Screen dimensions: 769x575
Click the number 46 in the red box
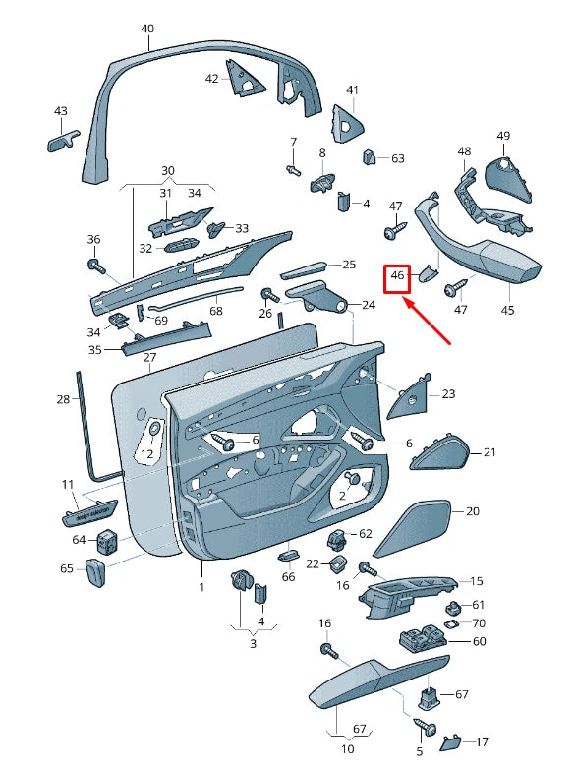(397, 277)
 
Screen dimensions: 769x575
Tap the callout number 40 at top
(147, 29)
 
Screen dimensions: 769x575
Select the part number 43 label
(61, 111)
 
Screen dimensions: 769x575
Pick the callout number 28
(63, 398)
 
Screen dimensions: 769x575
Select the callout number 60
(479, 641)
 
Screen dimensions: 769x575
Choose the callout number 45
(507, 310)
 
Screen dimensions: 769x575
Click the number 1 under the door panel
(201, 587)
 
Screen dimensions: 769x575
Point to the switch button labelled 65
(95, 571)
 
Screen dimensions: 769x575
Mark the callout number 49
(503, 136)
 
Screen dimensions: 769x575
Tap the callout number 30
(167, 170)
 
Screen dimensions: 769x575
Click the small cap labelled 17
(450, 740)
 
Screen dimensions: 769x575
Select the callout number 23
(448, 394)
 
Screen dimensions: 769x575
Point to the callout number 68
(215, 311)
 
